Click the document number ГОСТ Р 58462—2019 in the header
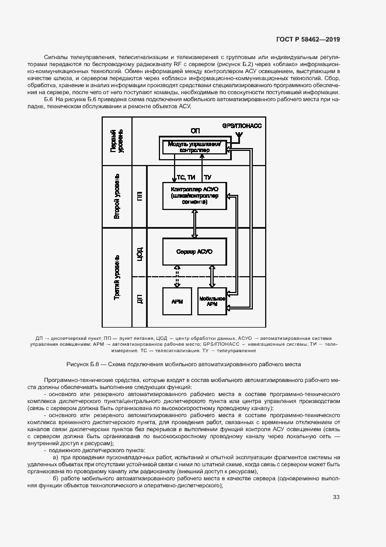point(308,40)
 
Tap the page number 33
point(336,497)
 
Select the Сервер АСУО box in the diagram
point(193,252)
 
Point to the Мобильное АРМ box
point(212,302)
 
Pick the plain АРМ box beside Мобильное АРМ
point(177,302)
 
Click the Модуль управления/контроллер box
point(193,146)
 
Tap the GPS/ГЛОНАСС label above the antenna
point(242,126)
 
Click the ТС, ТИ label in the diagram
point(186,177)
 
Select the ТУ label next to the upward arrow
point(208,177)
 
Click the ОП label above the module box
point(195,130)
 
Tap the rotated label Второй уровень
point(117,196)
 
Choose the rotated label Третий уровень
point(117,278)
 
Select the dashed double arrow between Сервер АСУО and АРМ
point(177,277)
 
